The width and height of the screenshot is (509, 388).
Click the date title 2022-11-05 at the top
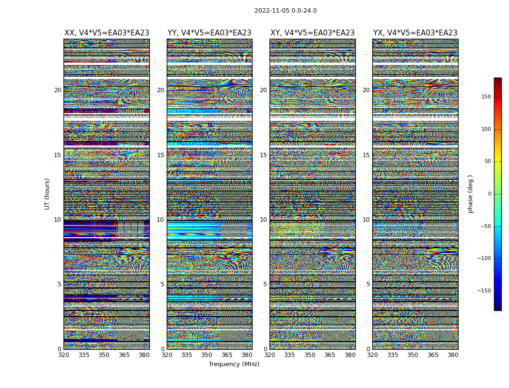[286, 11]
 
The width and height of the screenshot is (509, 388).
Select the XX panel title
[107, 33]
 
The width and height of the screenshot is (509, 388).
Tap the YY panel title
[209, 33]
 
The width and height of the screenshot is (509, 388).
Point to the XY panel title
[312, 33]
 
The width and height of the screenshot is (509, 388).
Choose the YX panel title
[415, 33]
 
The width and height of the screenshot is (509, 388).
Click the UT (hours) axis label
[47, 194]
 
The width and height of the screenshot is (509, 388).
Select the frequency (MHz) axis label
[234, 364]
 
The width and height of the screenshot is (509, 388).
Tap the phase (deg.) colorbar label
[470, 194]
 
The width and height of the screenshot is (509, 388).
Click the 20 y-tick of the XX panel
[58, 90]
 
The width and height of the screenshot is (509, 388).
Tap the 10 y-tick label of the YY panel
[160, 220]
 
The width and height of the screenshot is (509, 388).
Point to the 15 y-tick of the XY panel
[263, 155]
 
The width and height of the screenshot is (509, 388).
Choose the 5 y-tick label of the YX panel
[368, 284]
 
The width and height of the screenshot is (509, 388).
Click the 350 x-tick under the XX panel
[104, 355]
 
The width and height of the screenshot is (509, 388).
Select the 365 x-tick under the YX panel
[433, 355]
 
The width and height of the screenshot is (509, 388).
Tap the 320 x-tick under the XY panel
[270, 355]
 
